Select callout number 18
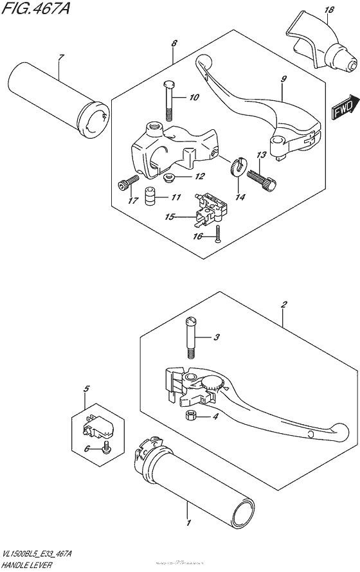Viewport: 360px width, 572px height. coord(330,10)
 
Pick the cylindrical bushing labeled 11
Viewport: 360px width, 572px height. coord(149,195)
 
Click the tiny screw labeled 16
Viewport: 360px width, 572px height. coord(218,234)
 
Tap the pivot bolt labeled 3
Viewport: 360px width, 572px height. coord(192,338)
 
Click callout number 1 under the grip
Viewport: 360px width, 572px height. coord(188,523)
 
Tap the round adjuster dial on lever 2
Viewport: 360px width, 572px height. coord(212,383)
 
